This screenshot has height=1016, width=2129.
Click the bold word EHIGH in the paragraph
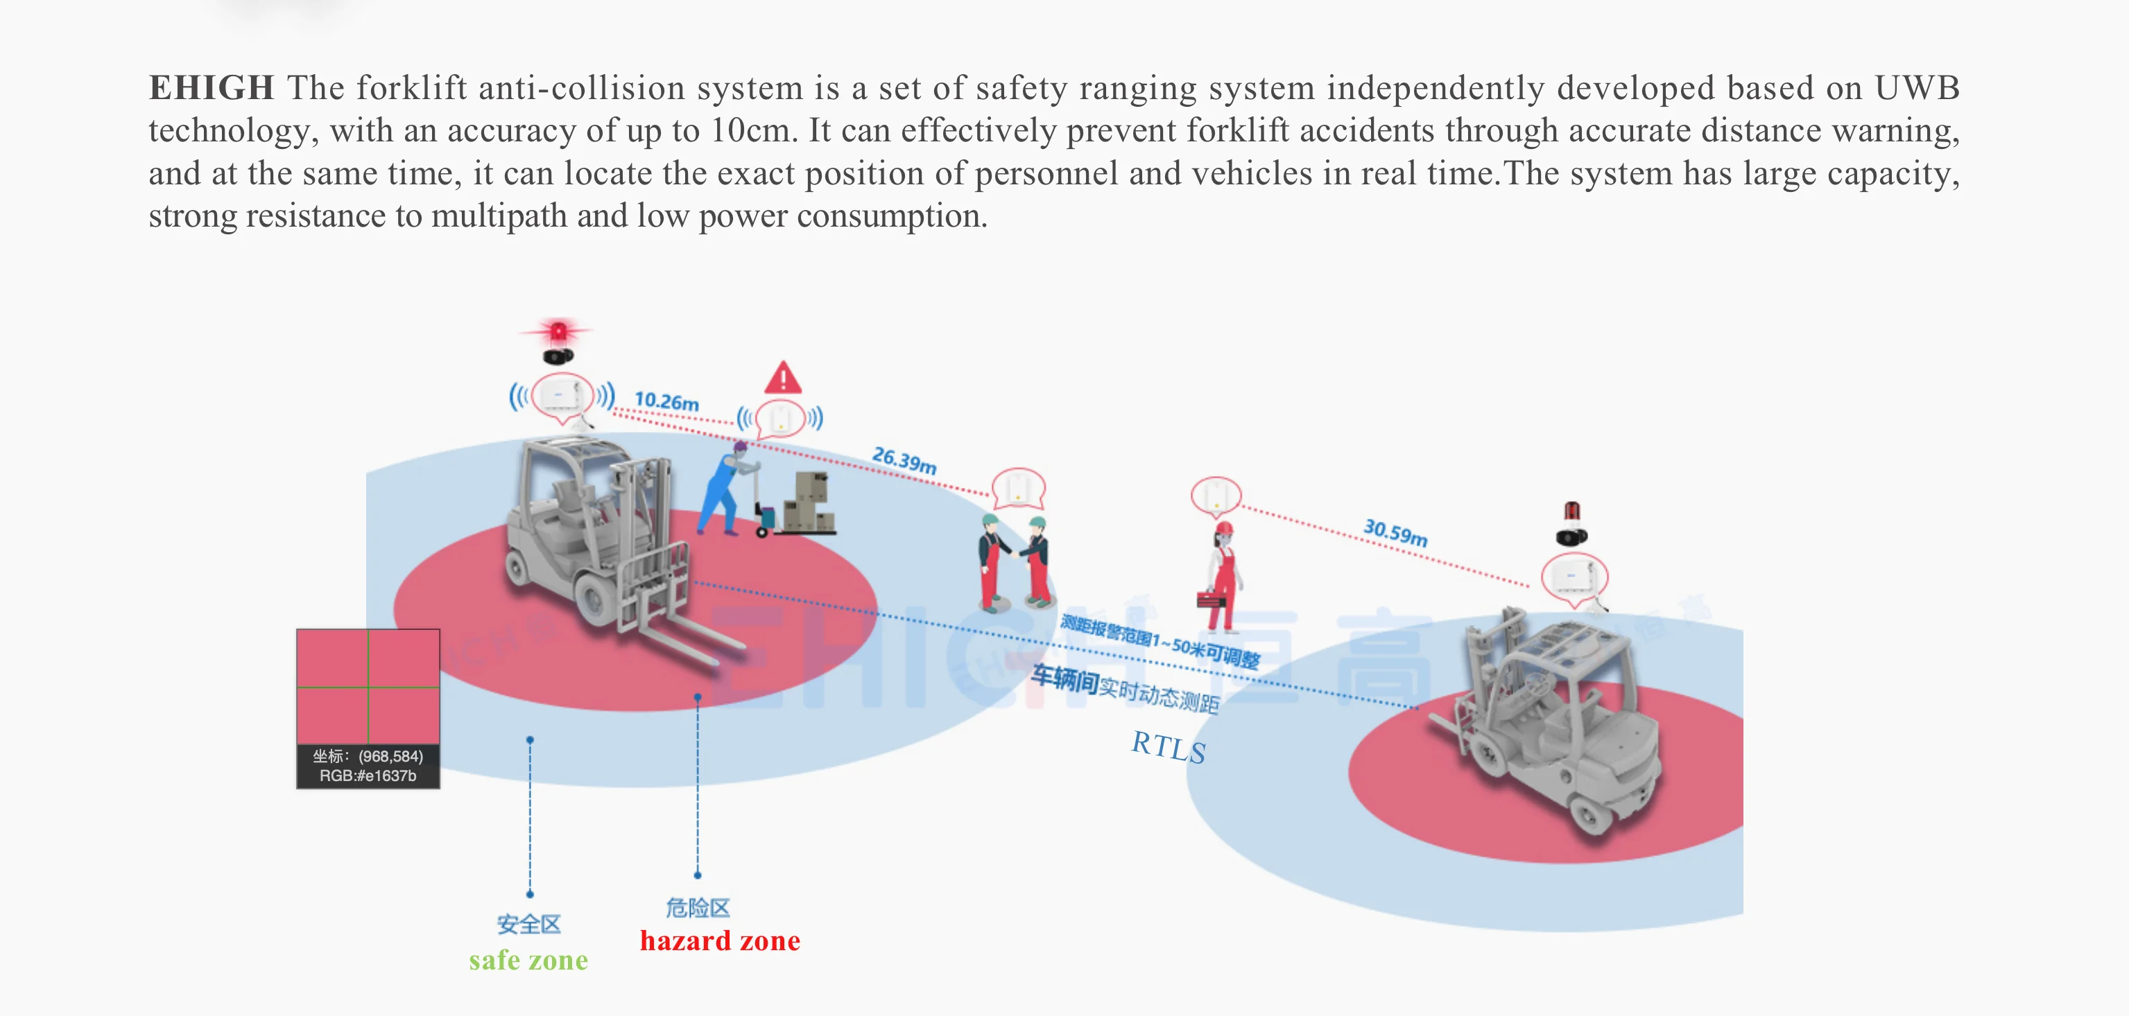(211, 87)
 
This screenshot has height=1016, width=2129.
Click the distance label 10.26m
(666, 401)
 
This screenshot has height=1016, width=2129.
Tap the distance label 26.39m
(904, 460)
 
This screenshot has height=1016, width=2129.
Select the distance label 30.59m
(1395, 532)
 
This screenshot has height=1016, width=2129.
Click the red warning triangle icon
(783, 378)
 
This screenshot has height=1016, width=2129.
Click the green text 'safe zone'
(528, 960)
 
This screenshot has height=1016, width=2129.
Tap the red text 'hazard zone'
(720, 941)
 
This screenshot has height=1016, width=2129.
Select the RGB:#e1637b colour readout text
(368, 776)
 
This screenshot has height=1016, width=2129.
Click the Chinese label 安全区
(528, 924)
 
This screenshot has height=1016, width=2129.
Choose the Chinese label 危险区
(698, 908)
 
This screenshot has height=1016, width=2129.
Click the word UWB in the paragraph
(1917, 87)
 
